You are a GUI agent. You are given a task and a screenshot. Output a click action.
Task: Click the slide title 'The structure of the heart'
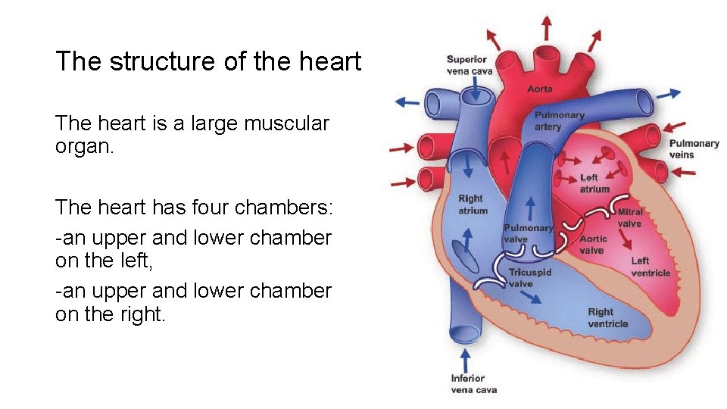tap(208, 61)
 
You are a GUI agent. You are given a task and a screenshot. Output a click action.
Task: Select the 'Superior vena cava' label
tap(470, 65)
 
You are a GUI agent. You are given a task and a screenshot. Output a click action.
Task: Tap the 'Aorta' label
tap(540, 89)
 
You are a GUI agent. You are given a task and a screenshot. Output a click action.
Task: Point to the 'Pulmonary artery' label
tap(560, 121)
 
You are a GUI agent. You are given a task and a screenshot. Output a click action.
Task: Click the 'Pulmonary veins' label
tap(694, 148)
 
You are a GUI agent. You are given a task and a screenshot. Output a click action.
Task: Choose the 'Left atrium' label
tap(594, 183)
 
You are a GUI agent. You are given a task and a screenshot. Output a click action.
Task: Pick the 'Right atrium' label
tap(473, 204)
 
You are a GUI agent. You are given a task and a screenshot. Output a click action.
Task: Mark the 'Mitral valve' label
tap(630, 218)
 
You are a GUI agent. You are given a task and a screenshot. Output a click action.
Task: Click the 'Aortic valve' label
tap(592, 245)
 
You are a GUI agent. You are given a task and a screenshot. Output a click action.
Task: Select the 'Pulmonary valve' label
tap(528, 233)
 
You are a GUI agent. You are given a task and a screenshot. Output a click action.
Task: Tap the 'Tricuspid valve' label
tap(530, 278)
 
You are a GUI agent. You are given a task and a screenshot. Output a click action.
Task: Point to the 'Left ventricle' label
tap(651, 267)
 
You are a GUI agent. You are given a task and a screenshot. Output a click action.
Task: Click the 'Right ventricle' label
tap(608, 317)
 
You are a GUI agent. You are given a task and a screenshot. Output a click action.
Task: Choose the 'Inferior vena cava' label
tap(474, 384)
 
